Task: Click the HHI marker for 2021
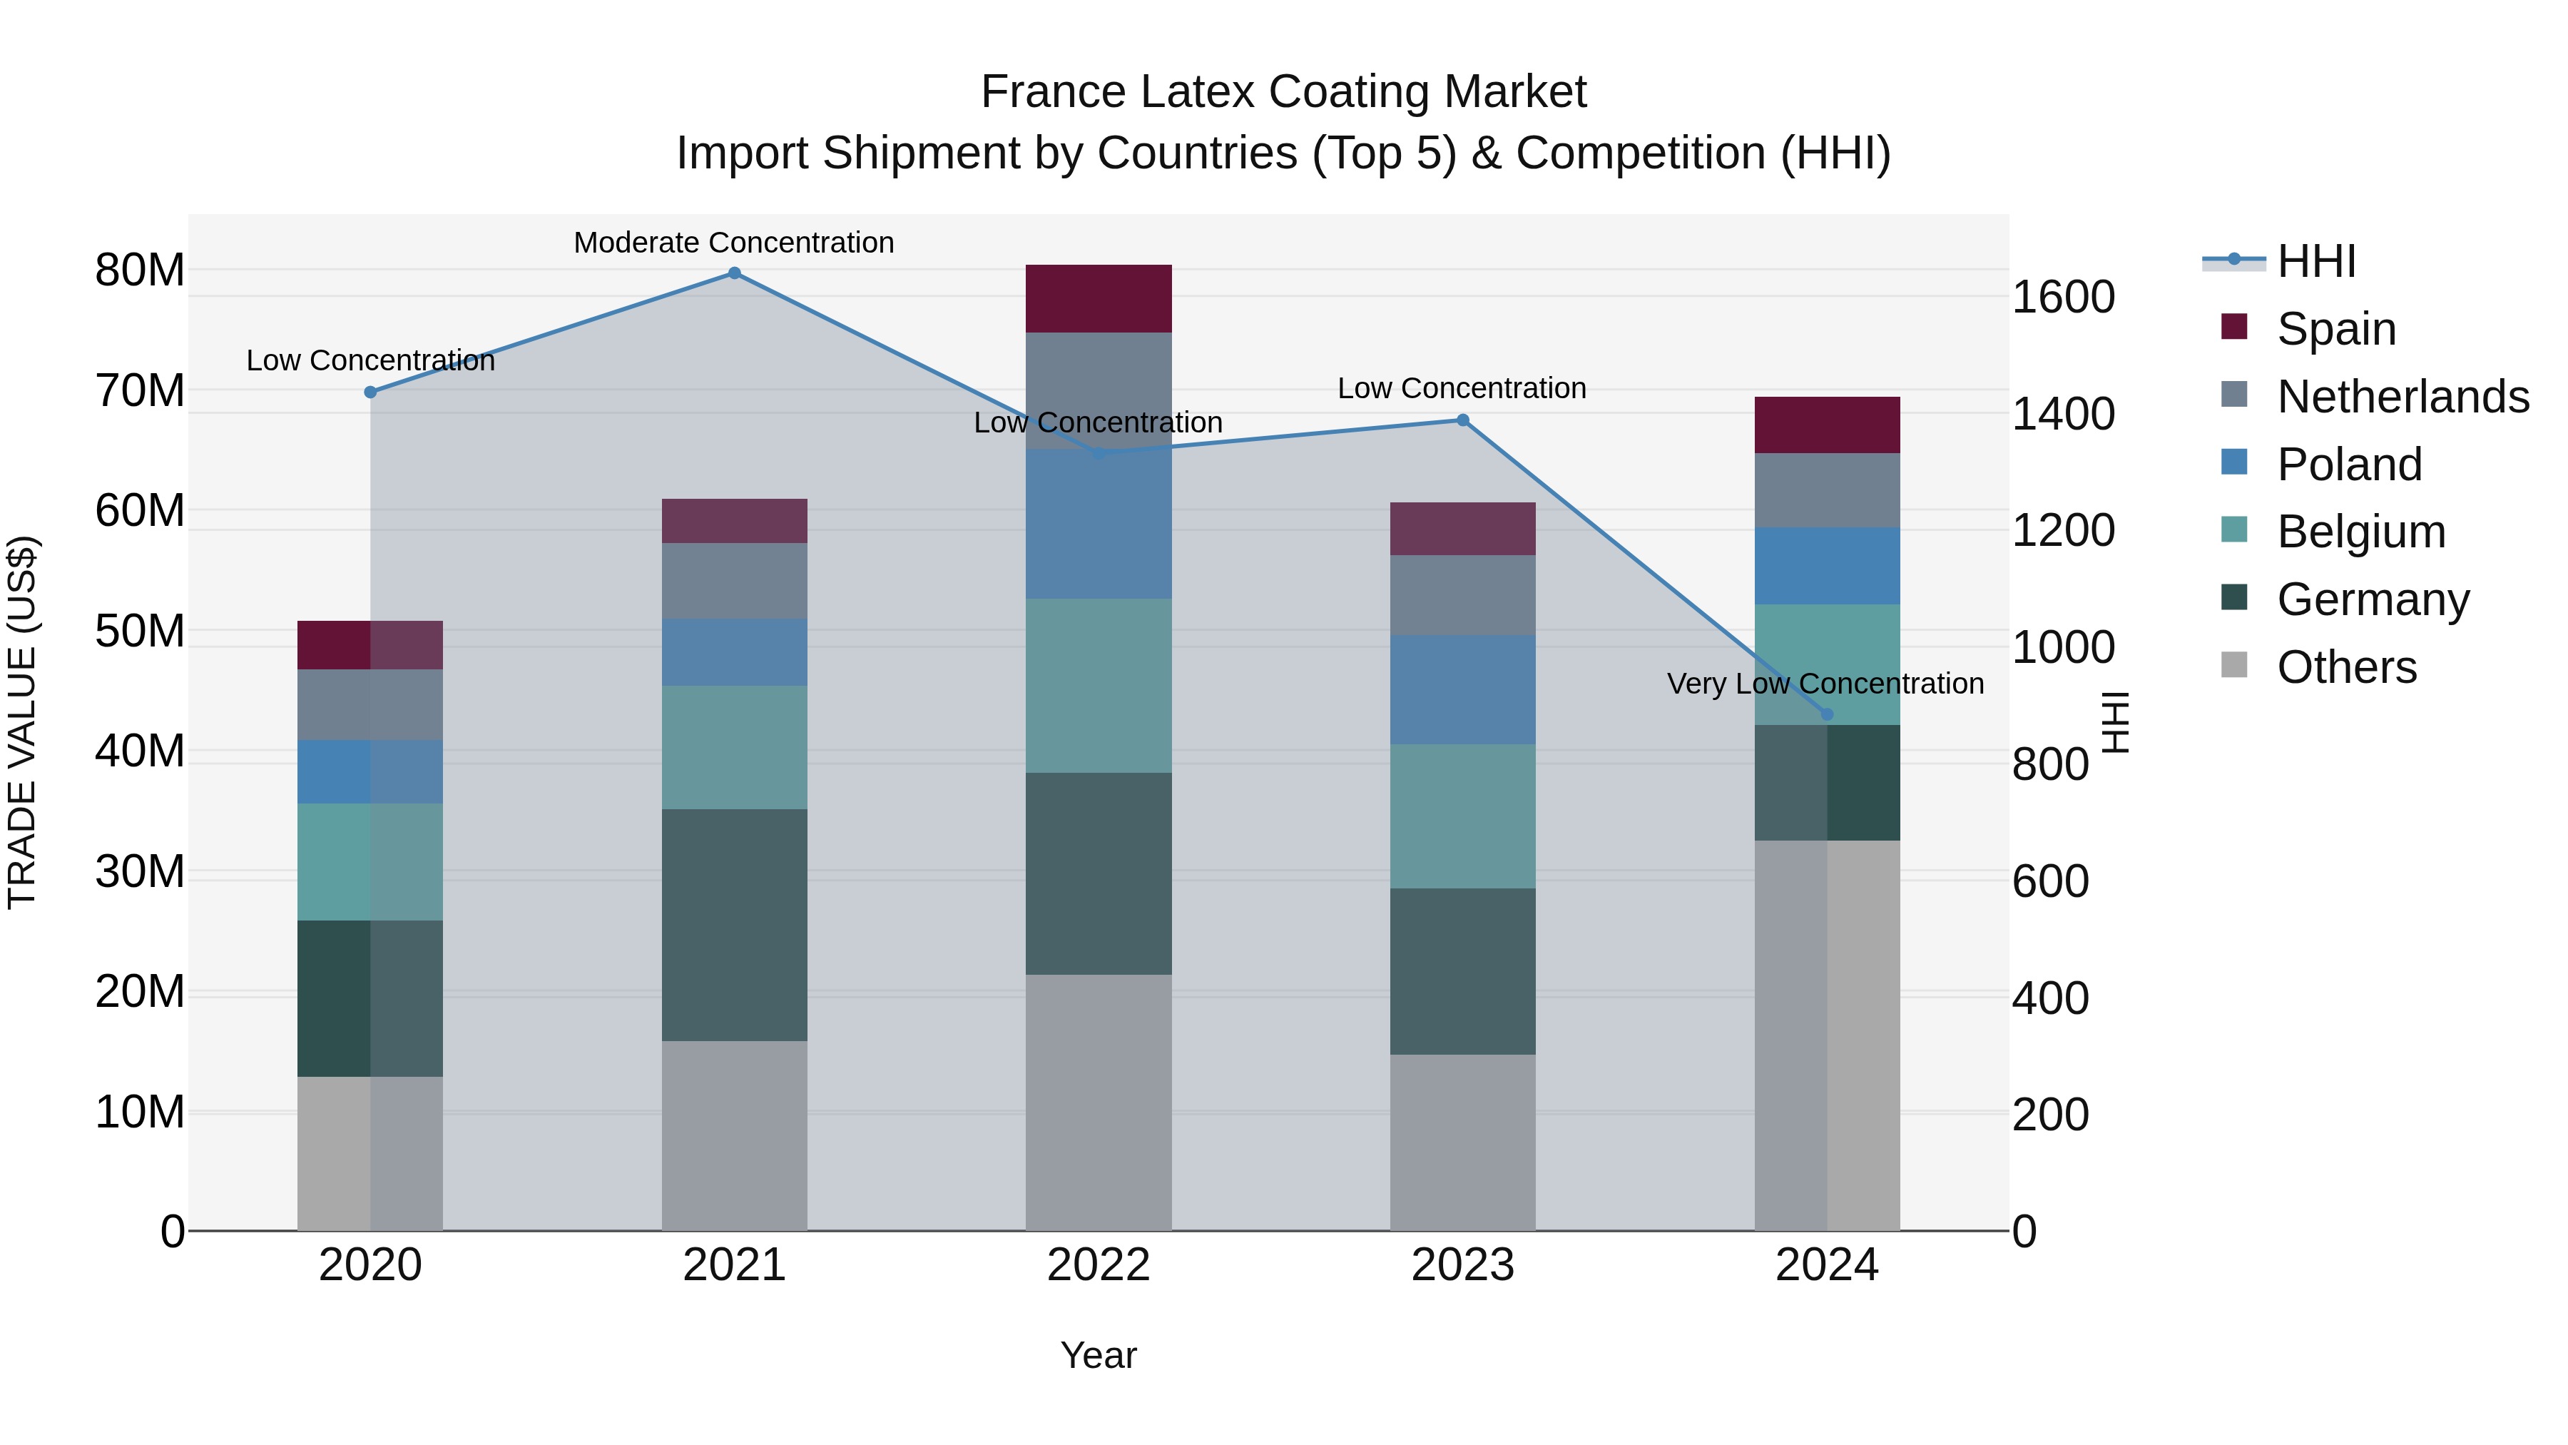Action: tap(734, 273)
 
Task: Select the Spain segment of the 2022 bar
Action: tap(1099, 298)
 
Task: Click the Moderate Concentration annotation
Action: tap(734, 243)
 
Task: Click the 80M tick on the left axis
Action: tap(140, 270)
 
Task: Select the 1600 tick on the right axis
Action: tap(2062, 297)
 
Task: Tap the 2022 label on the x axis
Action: tap(1099, 1265)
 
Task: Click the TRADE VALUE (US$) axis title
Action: tap(22, 722)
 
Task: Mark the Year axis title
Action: tap(1099, 1355)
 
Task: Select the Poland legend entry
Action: tap(2349, 465)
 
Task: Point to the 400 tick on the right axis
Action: tap(2049, 998)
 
